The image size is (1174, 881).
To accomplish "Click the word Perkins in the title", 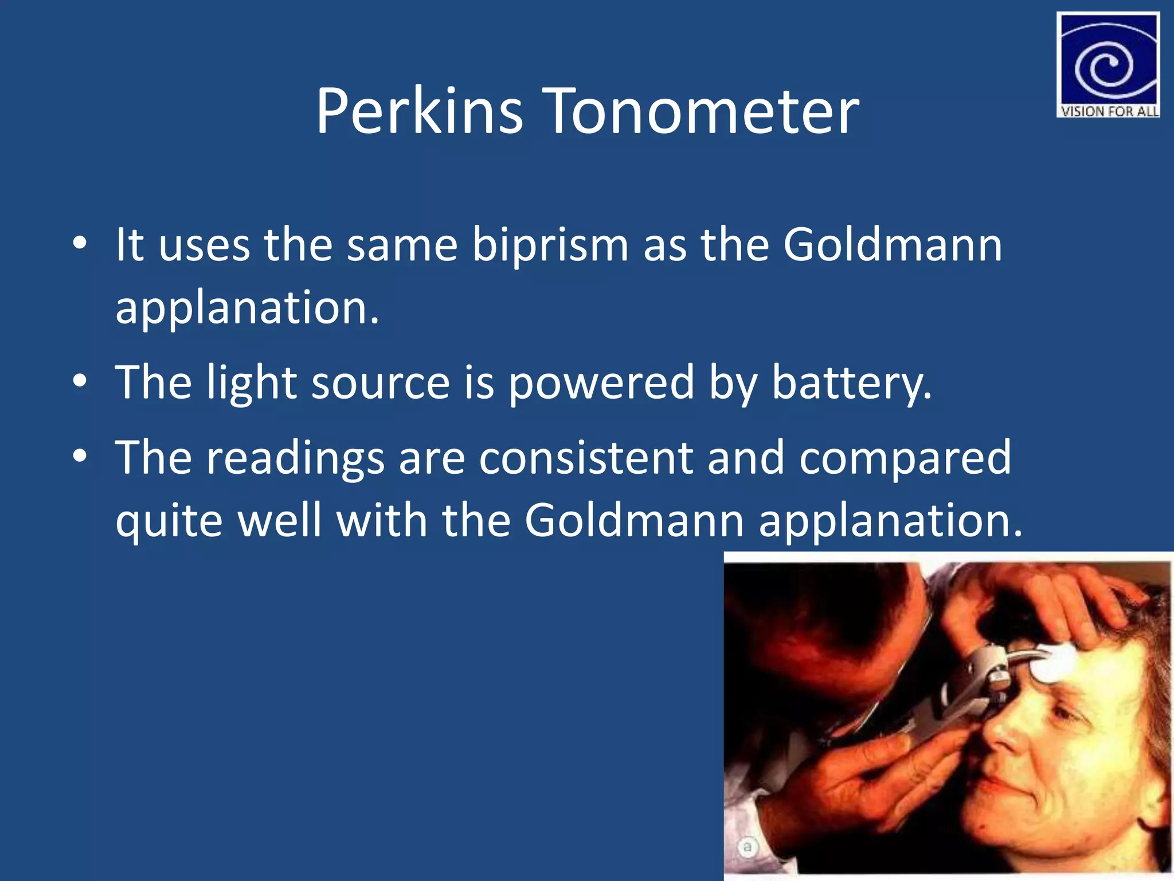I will [x=419, y=111].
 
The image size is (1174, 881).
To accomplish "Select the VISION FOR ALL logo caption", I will [x=1109, y=111].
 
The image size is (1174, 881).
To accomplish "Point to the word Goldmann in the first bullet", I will [x=893, y=245].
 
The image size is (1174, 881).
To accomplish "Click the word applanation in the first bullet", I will [x=247, y=309].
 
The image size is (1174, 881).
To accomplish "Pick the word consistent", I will [x=586, y=458].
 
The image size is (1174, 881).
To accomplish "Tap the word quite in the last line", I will [x=169, y=521].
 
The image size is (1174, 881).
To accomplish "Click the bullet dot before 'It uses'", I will [x=80, y=244].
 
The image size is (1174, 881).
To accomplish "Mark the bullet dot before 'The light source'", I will [x=80, y=381].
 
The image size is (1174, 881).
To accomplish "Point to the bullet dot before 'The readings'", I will [x=80, y=456].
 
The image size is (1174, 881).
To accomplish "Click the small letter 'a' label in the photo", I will [x=747, y=847].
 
